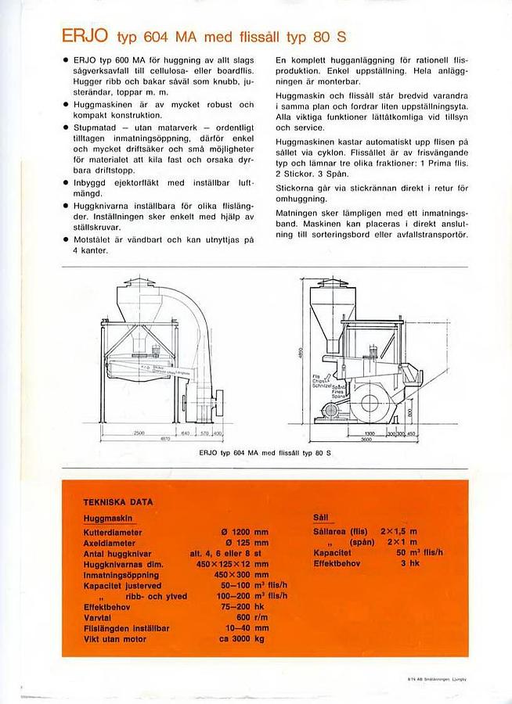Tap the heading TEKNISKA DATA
pos(117,501)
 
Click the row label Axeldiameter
pos(114,542)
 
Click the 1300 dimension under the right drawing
pos(369,432)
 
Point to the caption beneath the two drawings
pos(265,453)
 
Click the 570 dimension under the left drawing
pos(203,432)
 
